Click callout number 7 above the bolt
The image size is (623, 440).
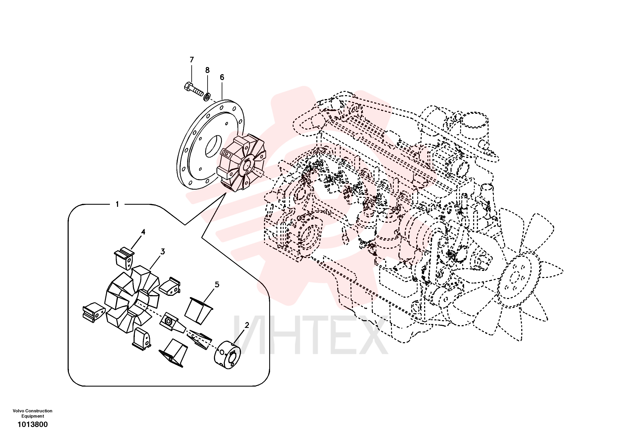click(192, 60)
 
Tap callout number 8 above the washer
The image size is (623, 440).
click(207, 70)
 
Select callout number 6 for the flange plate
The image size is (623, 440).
click(222, 77)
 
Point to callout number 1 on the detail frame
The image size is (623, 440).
click(117, 204)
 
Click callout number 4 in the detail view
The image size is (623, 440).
click(143, 232)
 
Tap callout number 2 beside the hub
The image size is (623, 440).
click(247, 325)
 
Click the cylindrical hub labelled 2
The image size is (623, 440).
click(228, 355)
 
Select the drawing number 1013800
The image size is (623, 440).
click(33, 424)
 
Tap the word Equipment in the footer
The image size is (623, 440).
click(33, 416)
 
